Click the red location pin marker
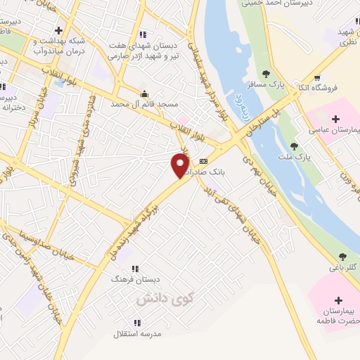(180, 165)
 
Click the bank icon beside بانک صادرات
(204, 161)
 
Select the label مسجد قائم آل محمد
(145, 104)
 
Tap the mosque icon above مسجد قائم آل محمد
(145, 94)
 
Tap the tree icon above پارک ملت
(294, 146)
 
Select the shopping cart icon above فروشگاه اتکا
(317, 77)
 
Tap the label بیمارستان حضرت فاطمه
(334, 316)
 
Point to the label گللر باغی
(343, 268)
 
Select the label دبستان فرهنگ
(127, 279)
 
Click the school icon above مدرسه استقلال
(137, 323)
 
